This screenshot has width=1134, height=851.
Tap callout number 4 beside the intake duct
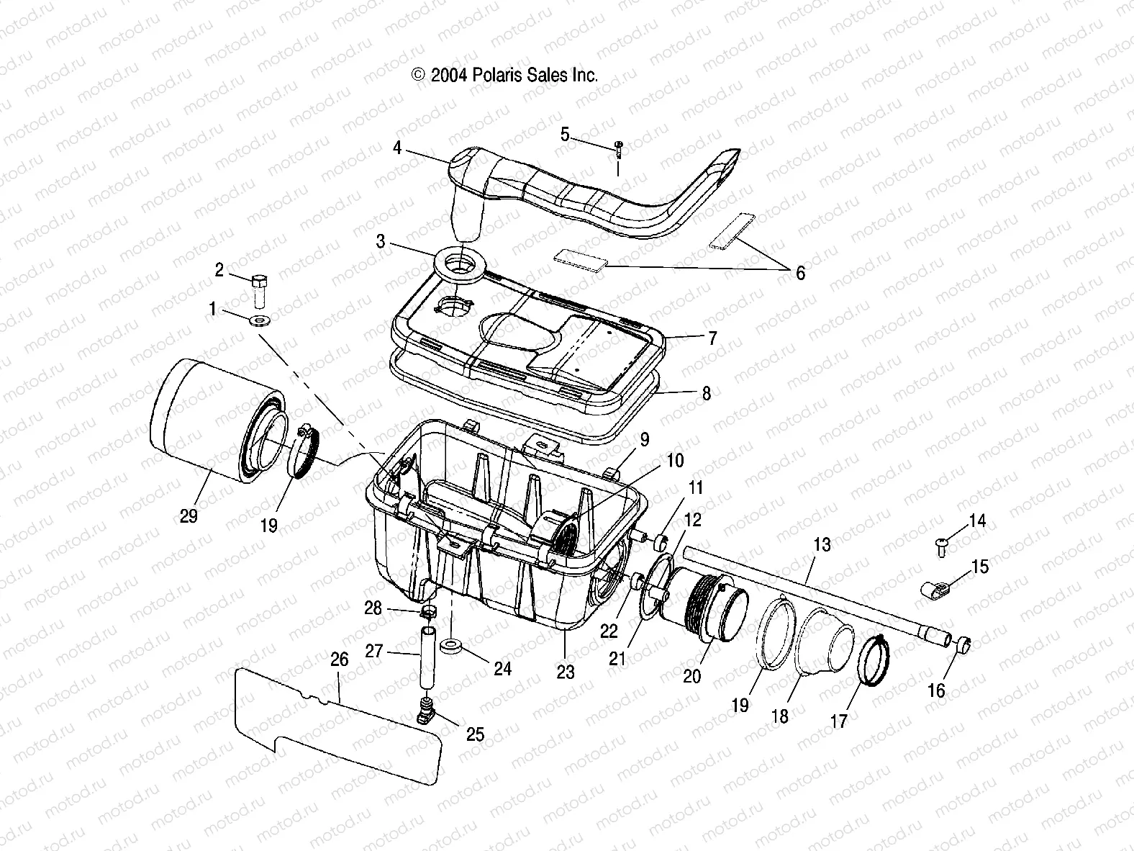tap(397, 149)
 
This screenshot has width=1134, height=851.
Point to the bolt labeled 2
tap(260, 289)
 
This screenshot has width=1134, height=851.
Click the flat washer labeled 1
tap(258, 319)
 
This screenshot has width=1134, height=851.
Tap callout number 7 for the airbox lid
tap(712, 338)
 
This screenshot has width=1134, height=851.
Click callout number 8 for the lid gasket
tap(707, 393)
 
